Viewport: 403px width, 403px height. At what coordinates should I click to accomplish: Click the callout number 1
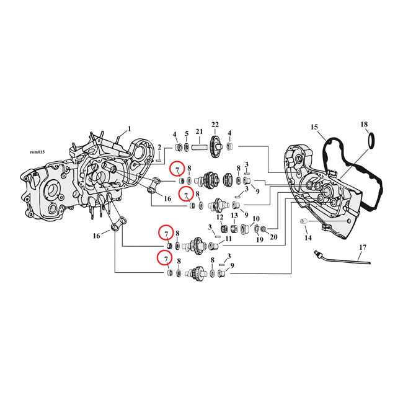tap(129, 129)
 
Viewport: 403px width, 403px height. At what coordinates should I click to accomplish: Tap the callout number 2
tap(159, 147)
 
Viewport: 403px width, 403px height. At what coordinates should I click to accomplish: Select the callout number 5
tap(186, 134)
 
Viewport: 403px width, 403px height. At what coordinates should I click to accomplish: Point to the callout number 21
tap(199, 131)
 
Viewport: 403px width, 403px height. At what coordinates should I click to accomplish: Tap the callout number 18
tap(364, 125)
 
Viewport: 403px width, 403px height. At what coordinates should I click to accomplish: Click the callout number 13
tap(234, 216)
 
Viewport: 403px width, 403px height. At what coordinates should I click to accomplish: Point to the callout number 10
tap(255, 218)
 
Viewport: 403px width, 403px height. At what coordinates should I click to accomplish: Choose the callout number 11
tap(228, 239)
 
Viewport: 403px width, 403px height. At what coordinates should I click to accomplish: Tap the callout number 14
tap(307, 238)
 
